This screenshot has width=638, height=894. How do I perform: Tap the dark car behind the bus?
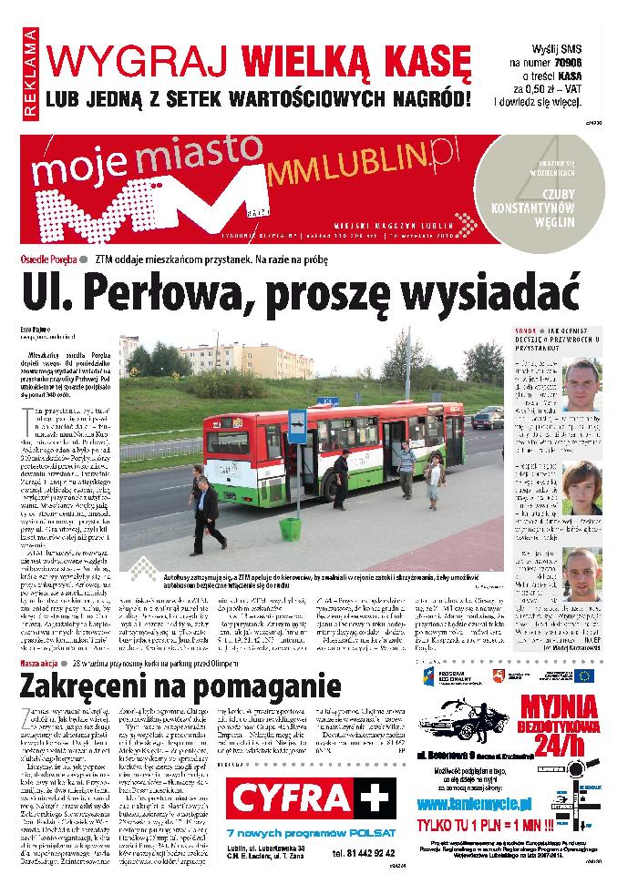[x=488, y=419]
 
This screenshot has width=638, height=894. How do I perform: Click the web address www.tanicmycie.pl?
[x=473, y=805]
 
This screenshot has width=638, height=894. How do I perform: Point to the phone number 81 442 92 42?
[x=365, y=853]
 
